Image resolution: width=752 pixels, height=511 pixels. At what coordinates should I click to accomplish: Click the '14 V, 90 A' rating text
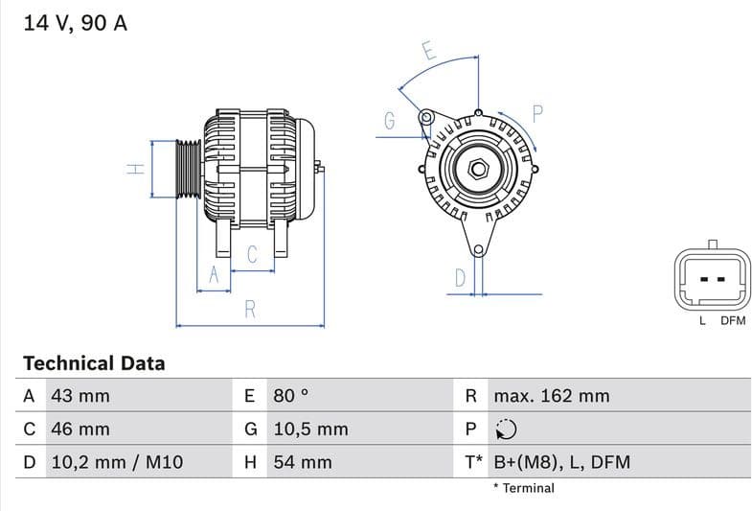pos(75,24)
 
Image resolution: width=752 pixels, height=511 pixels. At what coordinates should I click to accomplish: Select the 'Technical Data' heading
pos(94,363)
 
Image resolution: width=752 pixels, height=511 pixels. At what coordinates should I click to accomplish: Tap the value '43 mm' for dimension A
pos(80,396)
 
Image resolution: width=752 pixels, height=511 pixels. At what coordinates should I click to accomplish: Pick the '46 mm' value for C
pos(80,429)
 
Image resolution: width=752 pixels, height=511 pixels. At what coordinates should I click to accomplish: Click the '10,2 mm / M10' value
pos(116,462)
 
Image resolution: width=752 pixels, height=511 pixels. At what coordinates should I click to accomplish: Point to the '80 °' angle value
pos(291,396)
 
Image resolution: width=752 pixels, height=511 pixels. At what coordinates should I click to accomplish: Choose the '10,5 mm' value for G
pos(310,429)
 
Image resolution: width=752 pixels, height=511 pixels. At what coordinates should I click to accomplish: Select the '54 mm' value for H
pos(303,462)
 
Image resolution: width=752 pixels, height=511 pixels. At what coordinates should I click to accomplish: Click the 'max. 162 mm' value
pos(551,396)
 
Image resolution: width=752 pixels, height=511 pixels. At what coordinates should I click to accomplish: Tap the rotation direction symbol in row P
pos(506,429)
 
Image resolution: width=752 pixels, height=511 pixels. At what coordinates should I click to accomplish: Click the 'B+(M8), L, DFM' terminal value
pos(561,462)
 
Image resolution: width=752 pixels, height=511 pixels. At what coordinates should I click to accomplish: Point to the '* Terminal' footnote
pos(523,488)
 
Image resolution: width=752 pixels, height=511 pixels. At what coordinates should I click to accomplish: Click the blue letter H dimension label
pos(137,169)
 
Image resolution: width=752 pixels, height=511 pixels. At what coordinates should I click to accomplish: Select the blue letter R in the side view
pos(250,309)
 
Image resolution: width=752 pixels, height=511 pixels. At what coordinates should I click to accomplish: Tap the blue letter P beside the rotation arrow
pos(536,113)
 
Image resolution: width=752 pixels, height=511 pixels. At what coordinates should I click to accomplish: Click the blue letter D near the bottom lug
pos(460,278)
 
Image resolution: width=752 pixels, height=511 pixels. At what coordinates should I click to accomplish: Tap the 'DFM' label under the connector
pos(732,321)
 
